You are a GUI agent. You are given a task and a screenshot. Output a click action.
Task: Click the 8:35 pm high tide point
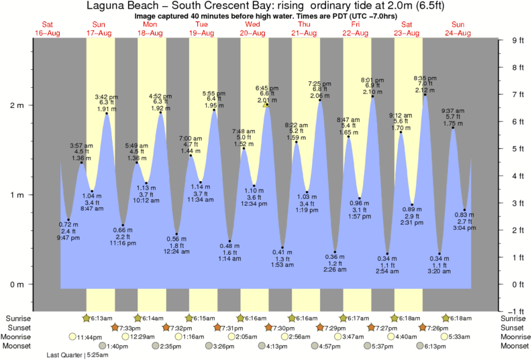[425, 95]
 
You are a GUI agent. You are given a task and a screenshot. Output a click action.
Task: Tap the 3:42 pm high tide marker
[107, 113]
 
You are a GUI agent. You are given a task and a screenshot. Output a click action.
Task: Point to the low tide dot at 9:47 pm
[68, 220]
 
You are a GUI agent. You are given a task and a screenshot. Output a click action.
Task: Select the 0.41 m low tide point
[282, 247]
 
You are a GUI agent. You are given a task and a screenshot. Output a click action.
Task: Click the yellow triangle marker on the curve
[266, 105]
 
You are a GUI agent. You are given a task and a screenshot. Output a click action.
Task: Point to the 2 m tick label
[15, 105]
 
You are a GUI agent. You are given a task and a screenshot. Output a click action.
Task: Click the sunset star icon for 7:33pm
[115, 327]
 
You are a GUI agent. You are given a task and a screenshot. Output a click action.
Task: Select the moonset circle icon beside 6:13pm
[421, 346]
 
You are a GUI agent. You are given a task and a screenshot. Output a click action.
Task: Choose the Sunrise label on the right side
[515, 318]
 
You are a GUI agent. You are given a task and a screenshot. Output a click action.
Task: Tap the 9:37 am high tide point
[454, 127]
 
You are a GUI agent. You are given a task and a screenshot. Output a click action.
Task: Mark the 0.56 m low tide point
[177, 234]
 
